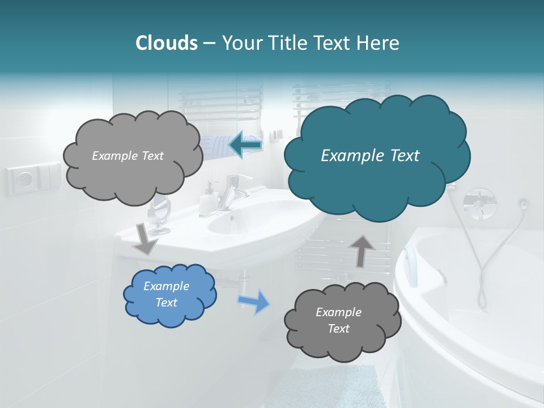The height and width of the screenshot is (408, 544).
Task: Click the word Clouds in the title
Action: pos(166,43)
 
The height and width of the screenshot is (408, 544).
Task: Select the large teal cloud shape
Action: pos(377,156)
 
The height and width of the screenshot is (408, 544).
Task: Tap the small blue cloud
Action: pos(169,295)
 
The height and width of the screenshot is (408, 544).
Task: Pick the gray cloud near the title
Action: pos(133,156)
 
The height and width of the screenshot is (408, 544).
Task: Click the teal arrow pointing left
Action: pos(245,145)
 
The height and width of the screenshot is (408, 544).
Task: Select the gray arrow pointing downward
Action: pos(145,239)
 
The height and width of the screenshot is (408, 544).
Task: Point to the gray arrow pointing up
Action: pos(363,250)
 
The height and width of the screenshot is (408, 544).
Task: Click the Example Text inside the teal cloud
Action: pos(370,156)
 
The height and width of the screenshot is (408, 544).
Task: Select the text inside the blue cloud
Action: pos(166,295)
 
